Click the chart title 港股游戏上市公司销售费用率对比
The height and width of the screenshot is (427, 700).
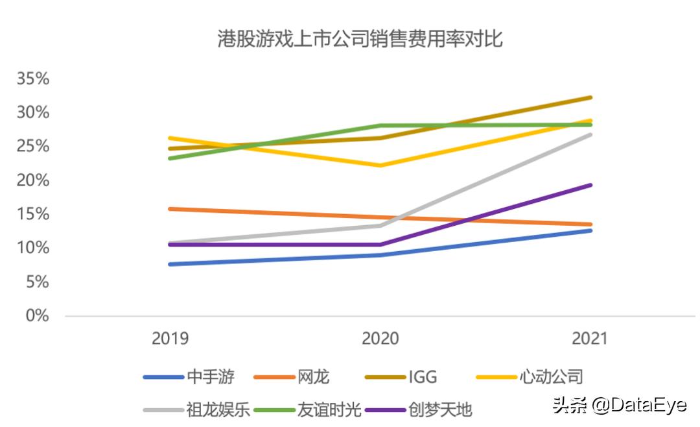point(360,40)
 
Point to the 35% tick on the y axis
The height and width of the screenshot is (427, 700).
point(33,79)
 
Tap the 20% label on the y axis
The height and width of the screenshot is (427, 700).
point(33,180)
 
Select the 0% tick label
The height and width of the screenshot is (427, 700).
point(37,316)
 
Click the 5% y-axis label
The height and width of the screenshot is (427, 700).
point(37,282)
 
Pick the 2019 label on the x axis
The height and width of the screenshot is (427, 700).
point(170,339)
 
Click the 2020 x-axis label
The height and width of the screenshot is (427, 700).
point(380,339)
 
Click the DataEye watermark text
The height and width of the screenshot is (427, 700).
point(619,406)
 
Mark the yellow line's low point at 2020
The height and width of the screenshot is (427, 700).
point(380,165)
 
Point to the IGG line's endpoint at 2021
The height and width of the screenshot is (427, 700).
point(590,97)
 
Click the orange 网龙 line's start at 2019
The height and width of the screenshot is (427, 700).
point(170,208)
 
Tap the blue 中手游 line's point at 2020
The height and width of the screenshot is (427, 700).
point(380,255)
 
